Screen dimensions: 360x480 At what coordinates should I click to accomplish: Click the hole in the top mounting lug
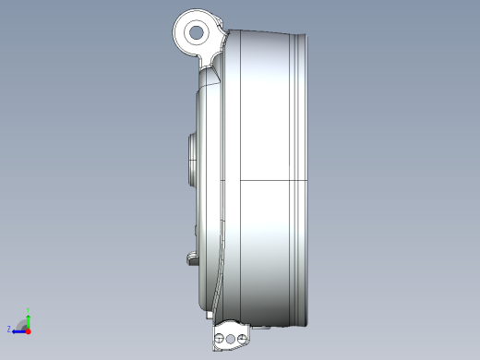point(196,33)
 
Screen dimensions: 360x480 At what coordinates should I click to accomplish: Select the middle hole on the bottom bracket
point(230,341)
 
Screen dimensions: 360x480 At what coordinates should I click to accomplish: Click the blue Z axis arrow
point(18,329)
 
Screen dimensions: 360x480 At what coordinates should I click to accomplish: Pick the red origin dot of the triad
point(29,330)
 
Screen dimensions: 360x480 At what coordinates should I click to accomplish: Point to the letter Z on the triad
point(9,329)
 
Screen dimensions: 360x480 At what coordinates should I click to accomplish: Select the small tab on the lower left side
point(192,257)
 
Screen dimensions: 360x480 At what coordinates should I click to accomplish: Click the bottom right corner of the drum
point(301,322)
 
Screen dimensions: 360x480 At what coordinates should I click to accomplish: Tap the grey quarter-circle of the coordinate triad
point(22,322)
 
